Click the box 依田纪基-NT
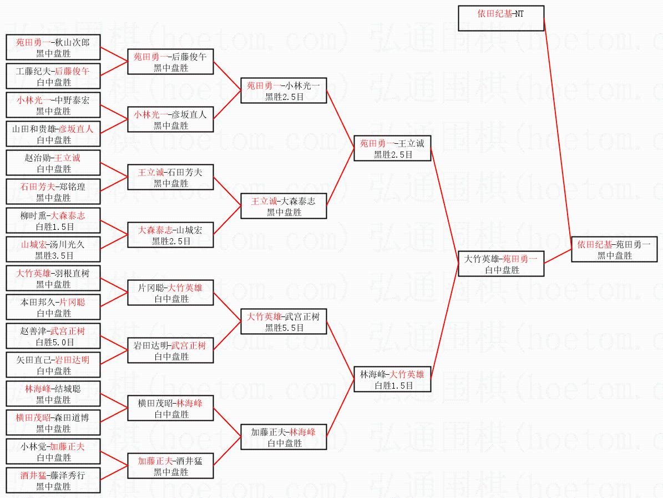click(x=501, y=18)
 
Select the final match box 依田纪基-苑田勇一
click(x=615, y=250)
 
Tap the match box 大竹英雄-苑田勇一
click(x=501, y=264)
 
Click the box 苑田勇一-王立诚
click(x=392, y=149)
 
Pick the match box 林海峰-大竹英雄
click(x=392, y=380)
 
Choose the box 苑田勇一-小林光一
click(x=284, y=91)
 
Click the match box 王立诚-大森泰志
click(x=284, y=207)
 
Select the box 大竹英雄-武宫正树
click(x=284, y=322)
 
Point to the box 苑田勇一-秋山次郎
click(x=53, y=47)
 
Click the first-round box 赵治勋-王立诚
click(x=53, y=163)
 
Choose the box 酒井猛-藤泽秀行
click(x=53, y=480)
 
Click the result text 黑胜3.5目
click(x=53, y=255)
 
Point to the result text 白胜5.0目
click(x=53, y=342)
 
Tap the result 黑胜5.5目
click(x=284, y=328)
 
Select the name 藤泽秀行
click(x=68, y=475)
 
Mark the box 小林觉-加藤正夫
click(x=53, y=451)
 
